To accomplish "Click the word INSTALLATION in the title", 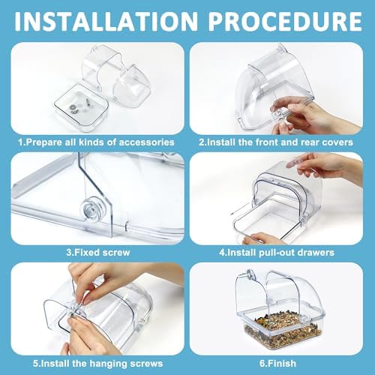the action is (106, 21).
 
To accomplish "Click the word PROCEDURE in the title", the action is (285, 21).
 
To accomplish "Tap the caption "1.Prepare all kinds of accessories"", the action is (96, 142).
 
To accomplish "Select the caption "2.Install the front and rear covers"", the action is (276, 142).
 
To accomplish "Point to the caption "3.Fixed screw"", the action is (98, 252).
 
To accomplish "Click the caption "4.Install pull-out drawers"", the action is (277, 252).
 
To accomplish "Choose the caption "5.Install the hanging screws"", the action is (97, 363).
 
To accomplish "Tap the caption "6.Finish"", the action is (277, 363).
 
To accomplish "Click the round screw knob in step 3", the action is (90, 208).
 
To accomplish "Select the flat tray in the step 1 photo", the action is (81, 107).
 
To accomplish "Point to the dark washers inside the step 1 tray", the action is (74, 109).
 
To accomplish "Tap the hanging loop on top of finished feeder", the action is (250, 274).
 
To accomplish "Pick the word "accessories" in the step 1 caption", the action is (146, 142).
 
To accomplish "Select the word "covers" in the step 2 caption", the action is (337, 142).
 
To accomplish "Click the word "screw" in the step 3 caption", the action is (115, 253).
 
